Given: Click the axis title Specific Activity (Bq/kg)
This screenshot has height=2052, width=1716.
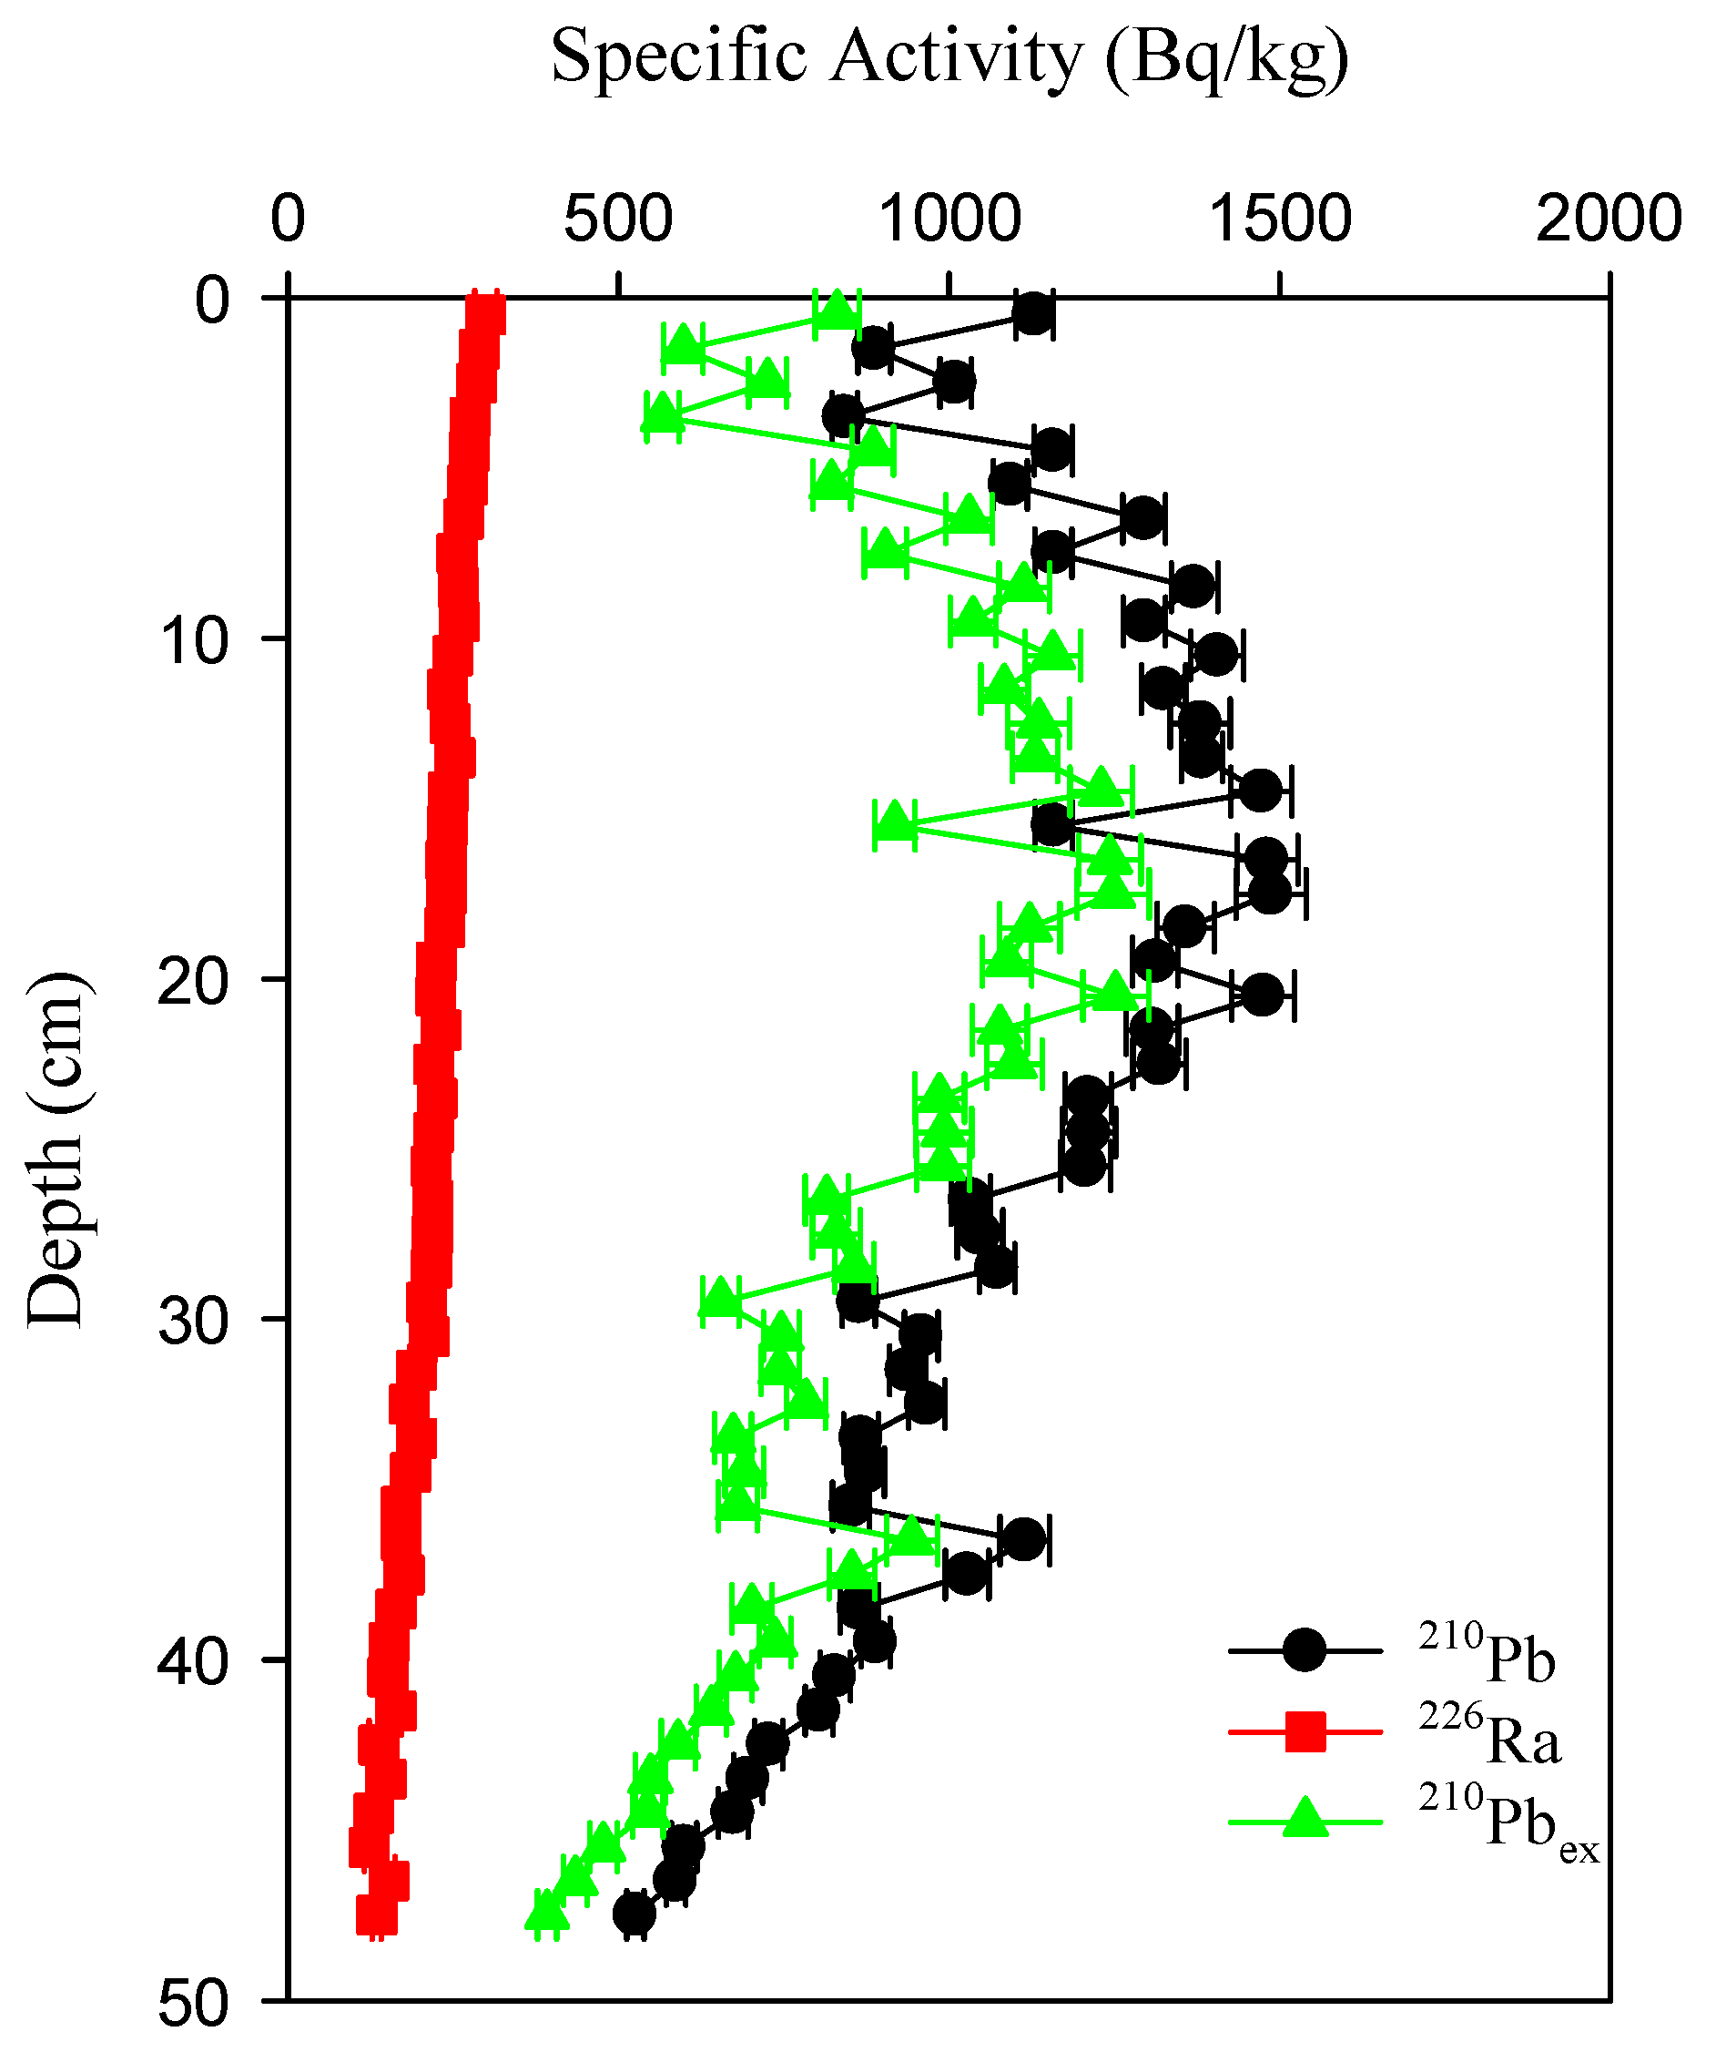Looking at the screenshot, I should (949, 58).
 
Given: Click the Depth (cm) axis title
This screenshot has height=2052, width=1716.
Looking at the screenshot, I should (56, 1150).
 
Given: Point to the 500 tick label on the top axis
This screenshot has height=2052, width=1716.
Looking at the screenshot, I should (617, 219).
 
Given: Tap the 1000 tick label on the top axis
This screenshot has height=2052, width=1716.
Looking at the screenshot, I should (949, 219).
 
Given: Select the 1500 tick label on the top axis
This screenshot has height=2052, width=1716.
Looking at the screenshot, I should (1279, 219).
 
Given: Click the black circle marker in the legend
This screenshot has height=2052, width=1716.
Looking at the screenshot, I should (1304, 1650).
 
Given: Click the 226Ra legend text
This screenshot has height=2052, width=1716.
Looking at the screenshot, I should (1489, 1735).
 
